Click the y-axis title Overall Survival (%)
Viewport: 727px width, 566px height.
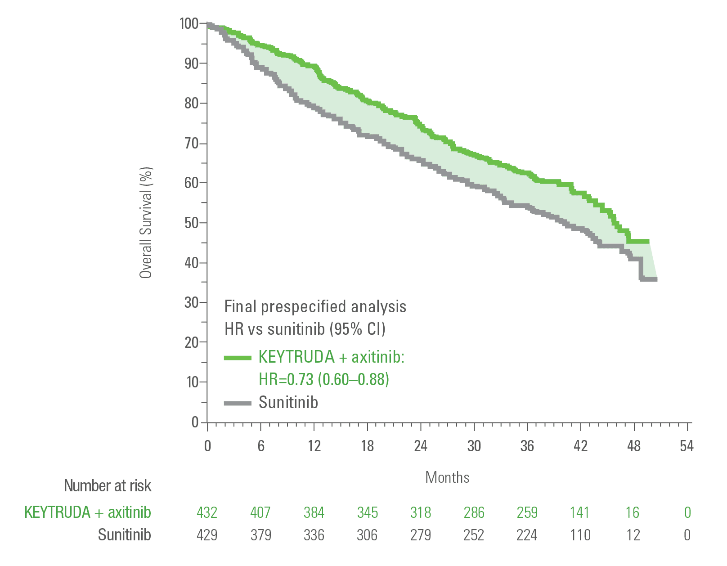coord(146,223)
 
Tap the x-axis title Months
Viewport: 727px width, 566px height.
coord(447,477)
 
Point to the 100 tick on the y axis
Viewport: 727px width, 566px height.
coord(189,23)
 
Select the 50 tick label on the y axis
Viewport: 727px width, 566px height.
coord(191,223)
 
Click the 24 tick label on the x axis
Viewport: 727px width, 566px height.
coord(421,446)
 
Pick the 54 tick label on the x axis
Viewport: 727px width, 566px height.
coord(687,446)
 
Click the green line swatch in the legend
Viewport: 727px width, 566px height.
coord(238,358)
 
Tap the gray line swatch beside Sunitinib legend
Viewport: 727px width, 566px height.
coord(238,403)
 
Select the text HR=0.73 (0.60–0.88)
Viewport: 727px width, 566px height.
coord(324,379)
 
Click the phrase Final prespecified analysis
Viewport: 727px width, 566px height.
coord(315,307)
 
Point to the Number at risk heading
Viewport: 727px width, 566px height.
coord(108,486)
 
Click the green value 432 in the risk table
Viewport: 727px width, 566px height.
coord(207,512)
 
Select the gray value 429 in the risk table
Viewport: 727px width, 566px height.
coord(207,535)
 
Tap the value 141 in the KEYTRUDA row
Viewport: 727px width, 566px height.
coord(580,512)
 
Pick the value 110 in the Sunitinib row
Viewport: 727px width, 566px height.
coord(580,535)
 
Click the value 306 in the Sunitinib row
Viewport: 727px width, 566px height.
coord(367,535)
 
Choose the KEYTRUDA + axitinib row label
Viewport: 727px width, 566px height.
coord(88,512)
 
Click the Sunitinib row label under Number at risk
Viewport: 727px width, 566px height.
coord(125,535)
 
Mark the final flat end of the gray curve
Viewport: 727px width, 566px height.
coord(649,279)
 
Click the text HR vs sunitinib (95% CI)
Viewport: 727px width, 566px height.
coord(305,329)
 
